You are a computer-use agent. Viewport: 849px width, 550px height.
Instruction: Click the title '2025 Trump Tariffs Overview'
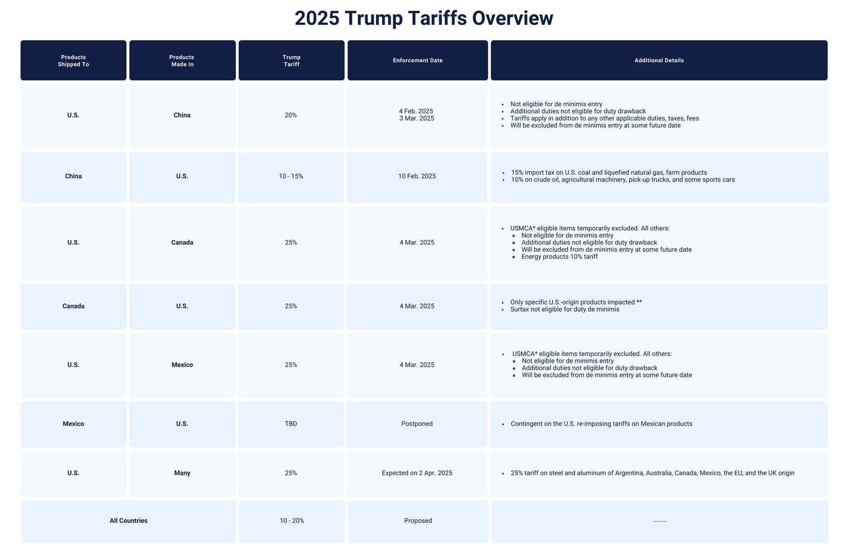tap(423, 18)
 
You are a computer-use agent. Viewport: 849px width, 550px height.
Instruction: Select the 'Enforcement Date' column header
tap(418, 61)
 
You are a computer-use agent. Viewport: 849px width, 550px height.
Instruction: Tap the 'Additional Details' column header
tap(659, 61)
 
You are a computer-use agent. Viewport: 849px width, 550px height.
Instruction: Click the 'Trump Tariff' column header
tap(291, 61)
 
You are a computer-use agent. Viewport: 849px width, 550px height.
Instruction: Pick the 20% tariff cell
tap(291, 115)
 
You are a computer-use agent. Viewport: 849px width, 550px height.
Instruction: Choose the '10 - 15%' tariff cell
tap(291, 177)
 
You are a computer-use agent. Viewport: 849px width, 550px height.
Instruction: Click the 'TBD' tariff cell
tap(291, 424)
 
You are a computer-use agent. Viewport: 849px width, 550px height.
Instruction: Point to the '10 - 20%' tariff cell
tap(291, 521)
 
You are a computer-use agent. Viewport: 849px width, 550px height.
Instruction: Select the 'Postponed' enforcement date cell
tap(417, 424)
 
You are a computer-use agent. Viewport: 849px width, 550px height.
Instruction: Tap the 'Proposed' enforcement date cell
tap(418, 521)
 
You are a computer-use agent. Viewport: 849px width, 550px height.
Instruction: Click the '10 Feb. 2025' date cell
tap(417, 177)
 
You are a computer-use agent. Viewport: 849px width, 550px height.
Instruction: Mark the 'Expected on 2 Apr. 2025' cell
tap(417, 473)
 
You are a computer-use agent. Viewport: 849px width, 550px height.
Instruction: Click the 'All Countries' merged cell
tap(128, 521)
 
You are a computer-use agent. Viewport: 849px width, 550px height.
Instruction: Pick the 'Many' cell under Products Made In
tap(182, 473)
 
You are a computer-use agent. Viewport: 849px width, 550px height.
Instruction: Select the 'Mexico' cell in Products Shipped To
tap(74, 424)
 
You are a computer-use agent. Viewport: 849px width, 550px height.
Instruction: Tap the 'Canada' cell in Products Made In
tap(182, 243)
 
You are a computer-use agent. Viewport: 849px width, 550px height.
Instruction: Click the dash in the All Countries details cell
tap(660, 521)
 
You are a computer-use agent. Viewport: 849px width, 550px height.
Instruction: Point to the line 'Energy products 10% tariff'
tap(559, 257)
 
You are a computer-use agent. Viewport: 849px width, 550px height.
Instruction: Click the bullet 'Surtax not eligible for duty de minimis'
tap(564, 310)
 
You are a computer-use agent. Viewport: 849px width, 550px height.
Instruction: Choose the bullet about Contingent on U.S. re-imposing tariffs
tap(601, 424)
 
